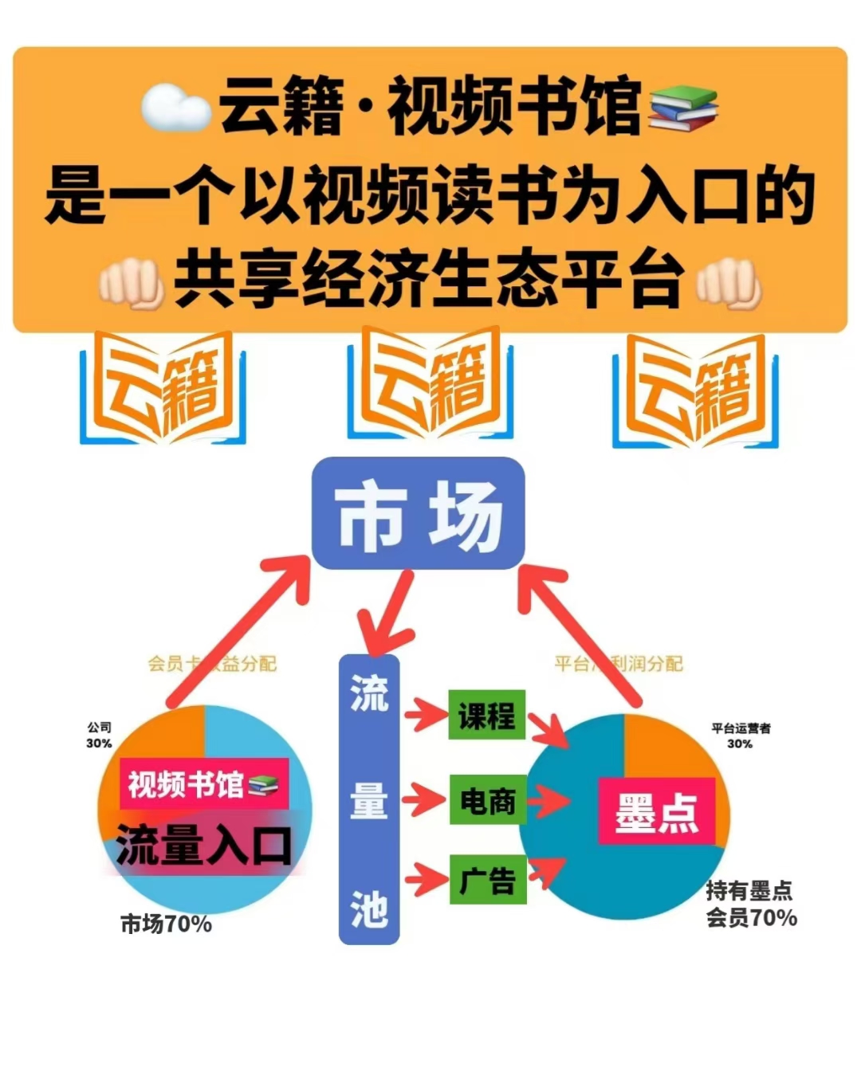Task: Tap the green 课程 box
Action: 486,715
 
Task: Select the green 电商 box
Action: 486,799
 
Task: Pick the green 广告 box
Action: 486,879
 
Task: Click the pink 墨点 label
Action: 656,811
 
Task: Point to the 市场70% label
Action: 166,924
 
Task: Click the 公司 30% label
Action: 99,735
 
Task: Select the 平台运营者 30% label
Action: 741,736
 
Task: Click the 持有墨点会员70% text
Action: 750,904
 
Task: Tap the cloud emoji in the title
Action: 175,108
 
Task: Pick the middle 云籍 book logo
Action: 430,384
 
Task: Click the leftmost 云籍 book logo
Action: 163,388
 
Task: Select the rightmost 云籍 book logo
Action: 695,390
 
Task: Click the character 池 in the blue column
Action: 369,909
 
